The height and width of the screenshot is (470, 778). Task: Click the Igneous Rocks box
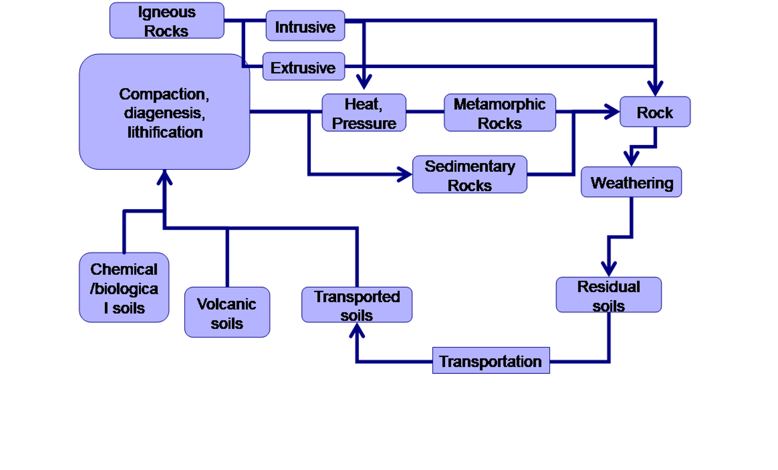coord(166,21)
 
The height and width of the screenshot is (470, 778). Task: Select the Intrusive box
coord(305,26)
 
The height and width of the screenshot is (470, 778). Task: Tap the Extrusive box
coord(303,67)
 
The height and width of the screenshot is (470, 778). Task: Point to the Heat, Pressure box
coord(364,113)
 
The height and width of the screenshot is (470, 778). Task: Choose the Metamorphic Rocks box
coord(499,113)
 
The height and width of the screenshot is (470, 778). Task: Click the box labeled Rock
coord(654,112)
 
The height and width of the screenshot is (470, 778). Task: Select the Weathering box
coord(631,183)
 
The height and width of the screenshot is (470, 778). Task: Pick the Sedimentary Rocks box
coord(469,175)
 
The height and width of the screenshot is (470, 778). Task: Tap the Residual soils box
coord(608,295)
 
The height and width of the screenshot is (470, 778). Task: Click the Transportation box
coord(491,361)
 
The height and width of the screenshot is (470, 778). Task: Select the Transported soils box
coord(356,305)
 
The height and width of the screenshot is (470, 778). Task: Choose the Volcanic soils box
coord(227,313)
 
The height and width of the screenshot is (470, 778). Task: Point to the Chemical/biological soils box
coord(124,287)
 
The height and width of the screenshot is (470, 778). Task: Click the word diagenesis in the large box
coord(164,113)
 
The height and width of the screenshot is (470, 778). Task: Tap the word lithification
coord(165,132)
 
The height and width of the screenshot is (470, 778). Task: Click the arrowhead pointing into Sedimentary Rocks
coord(405,174)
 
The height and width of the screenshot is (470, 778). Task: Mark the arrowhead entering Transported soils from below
coord(357,331)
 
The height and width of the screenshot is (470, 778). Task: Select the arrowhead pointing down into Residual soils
coord(608,269)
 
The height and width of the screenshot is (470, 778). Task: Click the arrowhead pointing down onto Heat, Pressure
coord(364,82)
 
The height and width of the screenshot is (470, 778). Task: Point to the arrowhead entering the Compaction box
coord(164,178)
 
